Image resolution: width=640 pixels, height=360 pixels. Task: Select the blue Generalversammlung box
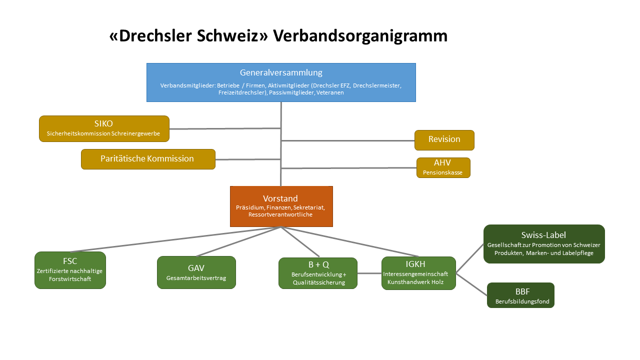(281, 82)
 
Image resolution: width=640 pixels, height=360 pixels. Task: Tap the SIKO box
(104, 128)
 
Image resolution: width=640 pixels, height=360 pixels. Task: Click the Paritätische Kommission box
(148, 159)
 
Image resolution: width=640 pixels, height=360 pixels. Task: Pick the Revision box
(444, 140)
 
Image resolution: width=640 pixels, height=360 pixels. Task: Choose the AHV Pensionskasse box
(443, 167)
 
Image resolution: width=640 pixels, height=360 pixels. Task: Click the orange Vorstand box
(281, 206)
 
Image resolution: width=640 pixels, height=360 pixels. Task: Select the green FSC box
(70, 270)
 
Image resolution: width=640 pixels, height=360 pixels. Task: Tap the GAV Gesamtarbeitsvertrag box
(196, 272)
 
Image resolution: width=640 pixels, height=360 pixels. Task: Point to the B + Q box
(318, 273)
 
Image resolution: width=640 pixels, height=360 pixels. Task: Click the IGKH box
(418, 273)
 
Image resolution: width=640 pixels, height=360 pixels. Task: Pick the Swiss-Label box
(544, 244)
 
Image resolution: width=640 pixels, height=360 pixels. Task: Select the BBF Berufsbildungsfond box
(520, 295)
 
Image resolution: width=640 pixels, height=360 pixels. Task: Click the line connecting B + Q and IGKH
(369, 273)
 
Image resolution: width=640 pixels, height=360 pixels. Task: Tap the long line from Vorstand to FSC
(175, 239)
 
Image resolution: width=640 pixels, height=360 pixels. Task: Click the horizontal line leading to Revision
(347, 140)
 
